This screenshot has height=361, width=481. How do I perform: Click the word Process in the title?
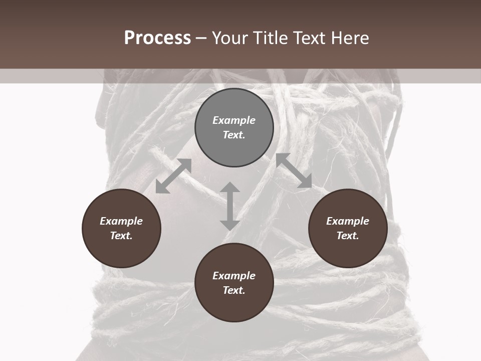click(x=157, y=38)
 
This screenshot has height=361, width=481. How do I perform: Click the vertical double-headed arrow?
click(x=230, y=206)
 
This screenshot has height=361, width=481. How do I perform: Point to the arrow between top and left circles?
click(x=173, y=176)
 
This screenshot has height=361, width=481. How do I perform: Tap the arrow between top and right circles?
click(x=294, y=171)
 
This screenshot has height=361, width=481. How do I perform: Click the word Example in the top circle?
click(x=234, y=120)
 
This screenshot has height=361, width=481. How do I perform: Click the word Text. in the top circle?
click(x=234, y=135)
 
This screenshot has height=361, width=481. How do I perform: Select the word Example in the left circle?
click(x=121, y=221)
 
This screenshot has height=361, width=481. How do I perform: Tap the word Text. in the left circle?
click(x=121, y=236)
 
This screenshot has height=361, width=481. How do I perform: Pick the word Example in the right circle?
click(x=348, y=221)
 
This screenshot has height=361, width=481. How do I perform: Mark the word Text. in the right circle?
click(x=348, y=236)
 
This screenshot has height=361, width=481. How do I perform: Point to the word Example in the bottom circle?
click(x=234, y=276)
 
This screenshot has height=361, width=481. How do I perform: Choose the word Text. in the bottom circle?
click(x=234, y=290)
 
